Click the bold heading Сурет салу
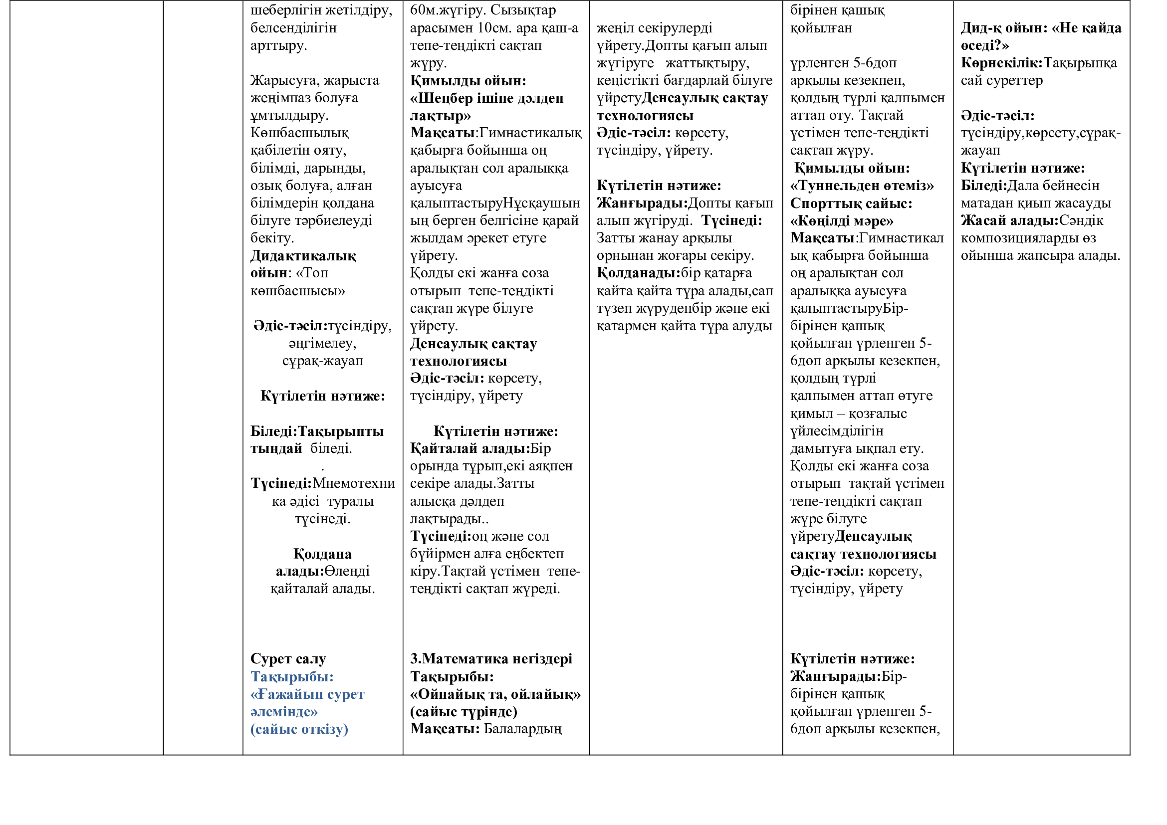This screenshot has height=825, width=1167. pos(288,659)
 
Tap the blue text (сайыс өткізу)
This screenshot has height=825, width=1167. pos(299,730)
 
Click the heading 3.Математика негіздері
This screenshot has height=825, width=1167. pos(491,659)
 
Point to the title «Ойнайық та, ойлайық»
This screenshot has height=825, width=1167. pos(495,694)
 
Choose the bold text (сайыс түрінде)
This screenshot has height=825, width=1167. pos(464,712)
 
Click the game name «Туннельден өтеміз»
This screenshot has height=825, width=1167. pos(862,186)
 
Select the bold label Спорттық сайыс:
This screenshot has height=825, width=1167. pos(851,204)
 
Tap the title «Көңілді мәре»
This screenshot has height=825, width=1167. pos(842,221)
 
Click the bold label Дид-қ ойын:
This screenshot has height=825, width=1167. pos(1003,28)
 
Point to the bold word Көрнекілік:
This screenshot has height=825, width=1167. pos(1001,63)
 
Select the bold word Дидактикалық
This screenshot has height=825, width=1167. pos(303,256)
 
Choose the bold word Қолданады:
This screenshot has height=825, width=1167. pos(639,273)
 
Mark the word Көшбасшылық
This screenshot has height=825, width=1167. pos(299,133)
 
